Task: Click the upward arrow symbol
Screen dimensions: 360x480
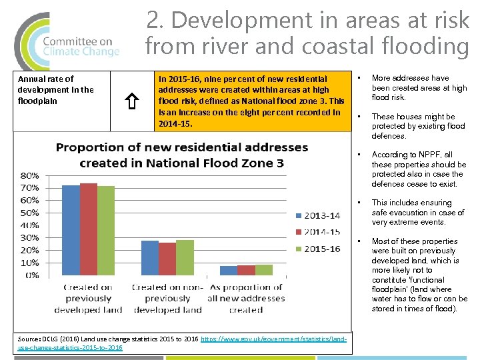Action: tap(132, 101)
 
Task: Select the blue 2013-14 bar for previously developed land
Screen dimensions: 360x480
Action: tap(70, 229)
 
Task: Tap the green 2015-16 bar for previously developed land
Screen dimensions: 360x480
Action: tap(105, 230)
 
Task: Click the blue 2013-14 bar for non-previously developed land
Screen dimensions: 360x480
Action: tap(150, 257)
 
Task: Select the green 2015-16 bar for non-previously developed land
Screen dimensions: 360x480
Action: tap(185, 257)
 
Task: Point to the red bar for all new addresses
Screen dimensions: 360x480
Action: tap(246, 269)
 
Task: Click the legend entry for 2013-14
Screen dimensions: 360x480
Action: tap(317, 215)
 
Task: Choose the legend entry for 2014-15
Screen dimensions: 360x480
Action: tap(317, 231)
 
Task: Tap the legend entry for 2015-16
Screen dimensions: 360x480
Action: tap(317, 248)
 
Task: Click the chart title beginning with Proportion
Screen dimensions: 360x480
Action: tap(181, 155)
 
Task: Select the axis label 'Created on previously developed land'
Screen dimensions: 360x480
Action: tap(88, 298)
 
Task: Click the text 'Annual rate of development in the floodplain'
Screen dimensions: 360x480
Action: tap(55, 90)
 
